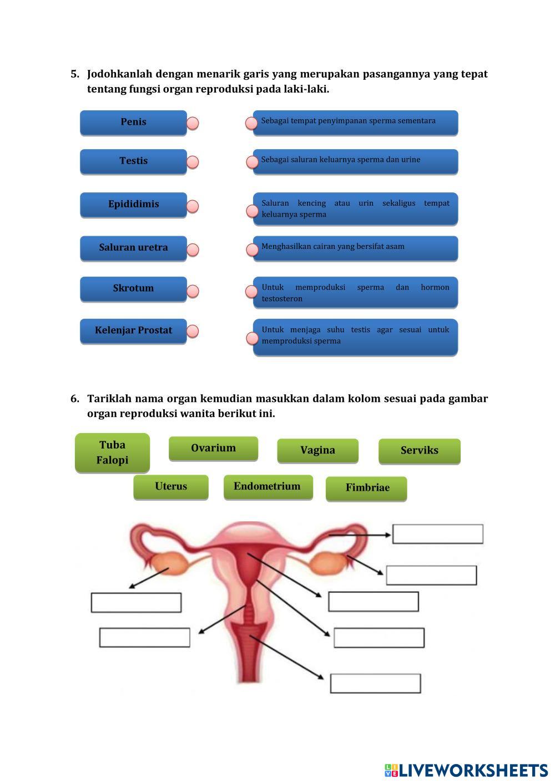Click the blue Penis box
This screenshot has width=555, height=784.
coord(133,123)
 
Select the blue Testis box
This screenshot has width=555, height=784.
coord(133,161)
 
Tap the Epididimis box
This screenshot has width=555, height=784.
coord(133,205)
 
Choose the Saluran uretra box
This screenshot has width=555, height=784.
coord(133,248)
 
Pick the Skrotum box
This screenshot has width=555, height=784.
coord(133,289)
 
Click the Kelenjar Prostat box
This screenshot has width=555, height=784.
coord(133,331)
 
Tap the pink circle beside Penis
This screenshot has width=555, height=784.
coord(193,123)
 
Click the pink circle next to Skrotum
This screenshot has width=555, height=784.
coord(193,291)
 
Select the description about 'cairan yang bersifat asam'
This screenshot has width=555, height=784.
coord(355,248)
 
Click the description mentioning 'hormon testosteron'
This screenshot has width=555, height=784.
coord(355,292)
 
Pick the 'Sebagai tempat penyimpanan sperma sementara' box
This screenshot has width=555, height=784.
coord(355,123)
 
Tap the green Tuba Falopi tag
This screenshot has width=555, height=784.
coord(112,452)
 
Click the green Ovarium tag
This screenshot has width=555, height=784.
coord(213,449)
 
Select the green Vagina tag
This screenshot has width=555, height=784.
coord(318,450)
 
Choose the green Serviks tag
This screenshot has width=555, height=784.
coord(420,451)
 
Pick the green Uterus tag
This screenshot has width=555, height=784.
coord(171,487)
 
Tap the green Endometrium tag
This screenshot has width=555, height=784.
coord(268,487)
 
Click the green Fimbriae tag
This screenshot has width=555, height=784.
coord(366,488)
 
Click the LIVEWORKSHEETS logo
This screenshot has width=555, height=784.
coord(466,770)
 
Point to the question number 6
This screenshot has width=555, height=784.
coord(74,398)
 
